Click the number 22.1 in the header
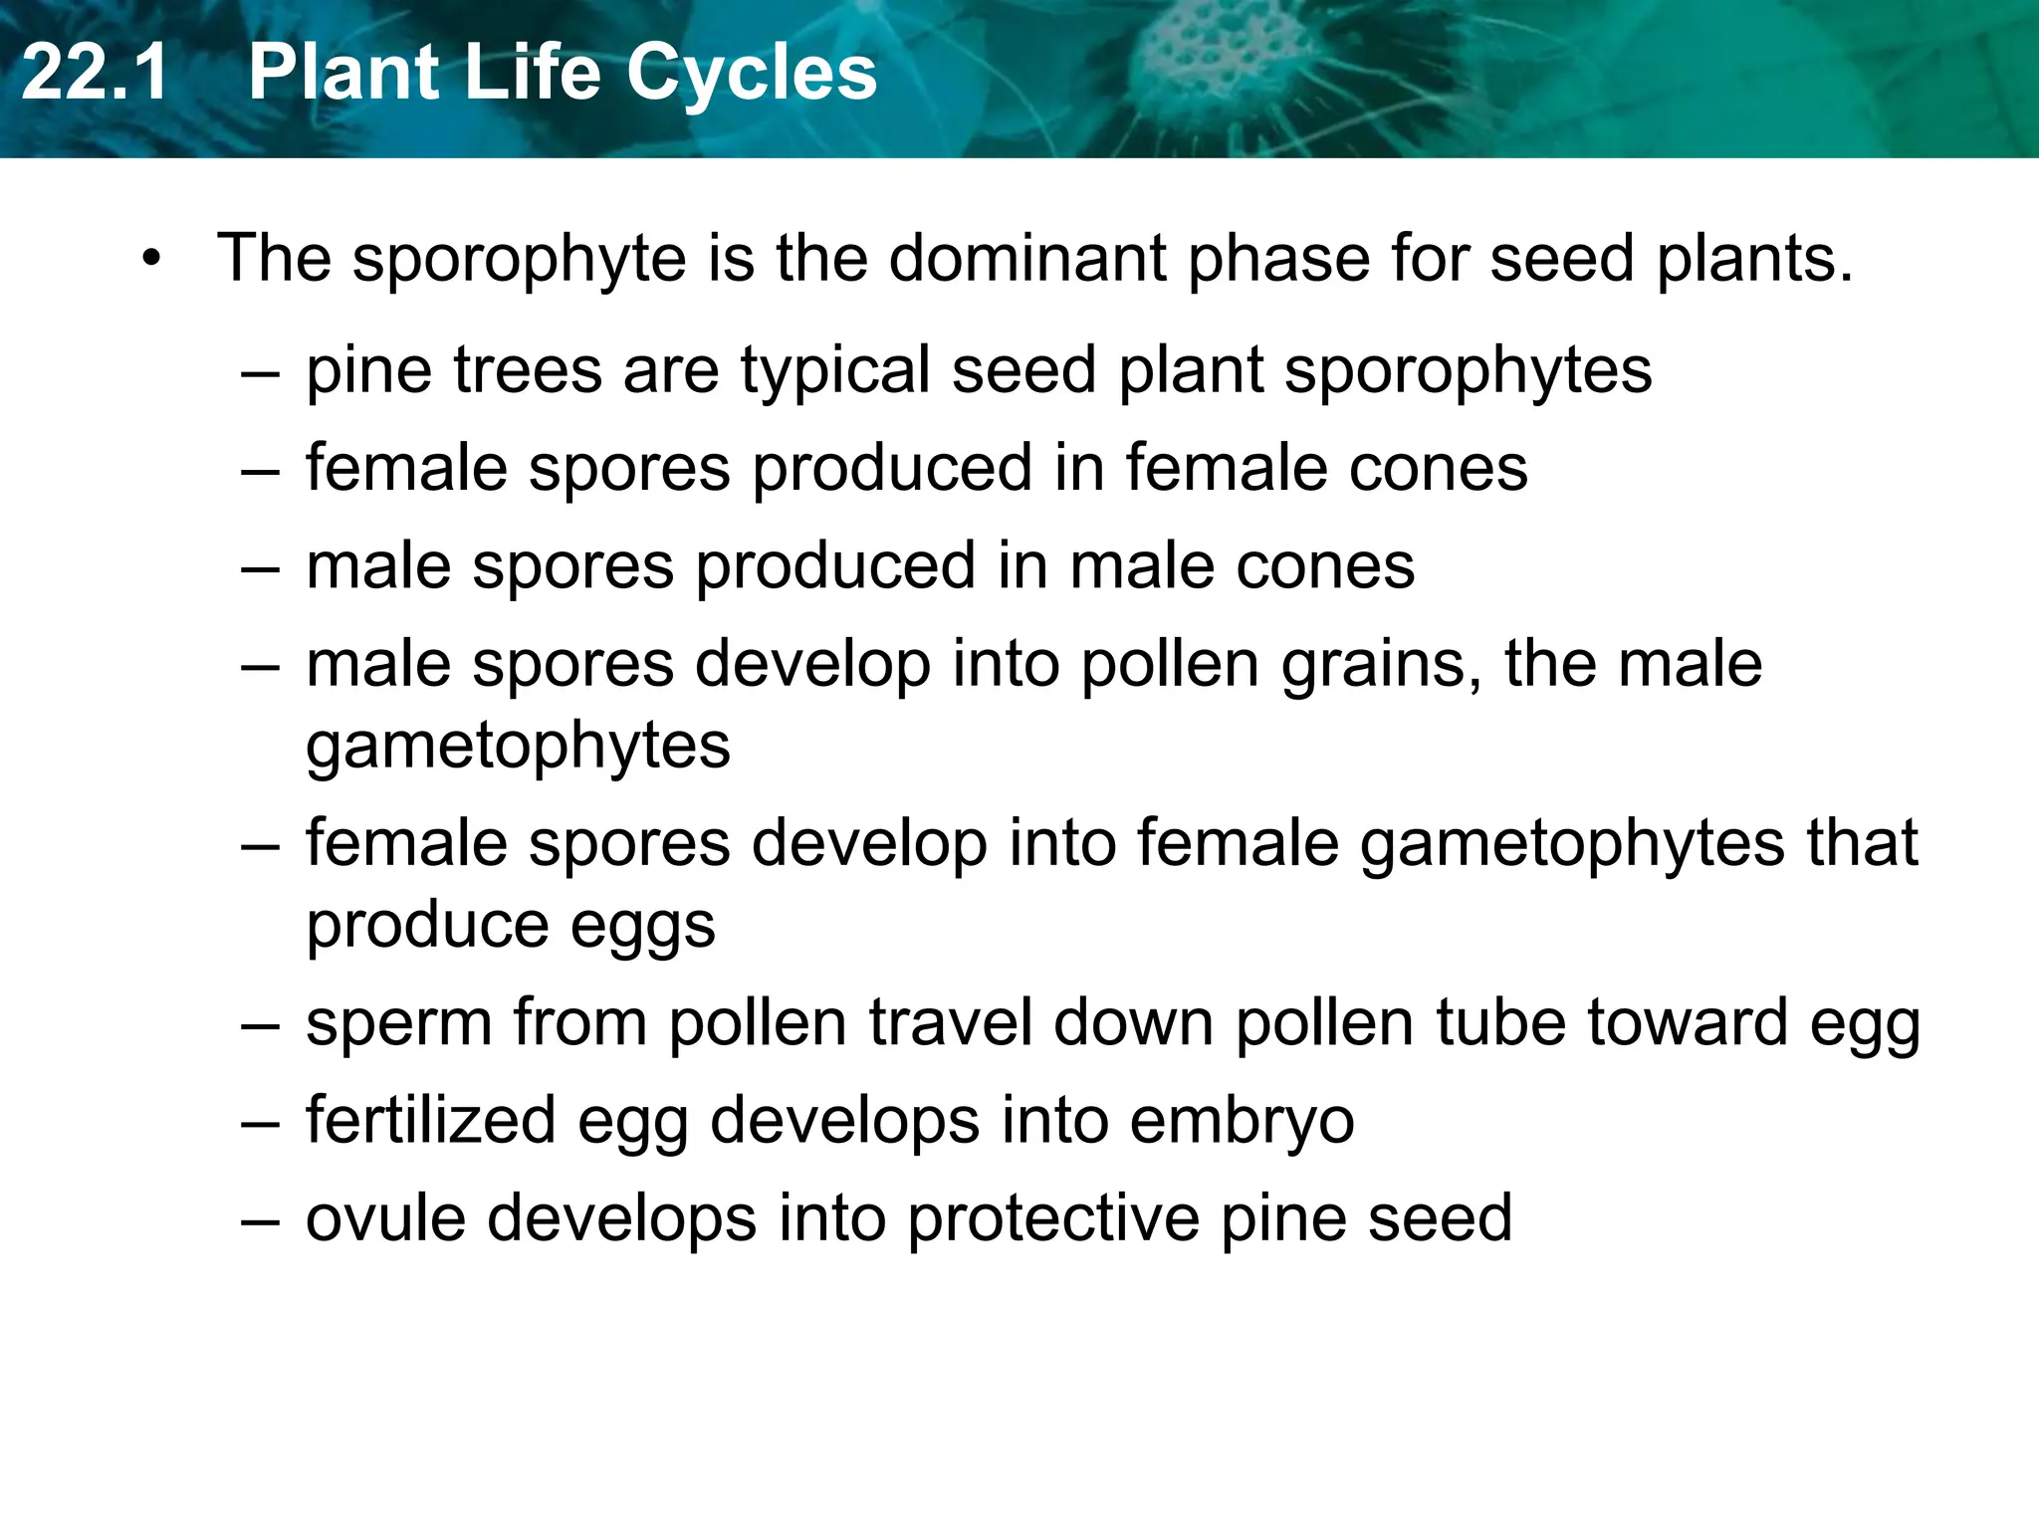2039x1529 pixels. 95,73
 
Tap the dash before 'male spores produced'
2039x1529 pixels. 260,567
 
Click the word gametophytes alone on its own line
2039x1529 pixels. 518,747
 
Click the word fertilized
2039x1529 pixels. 430,1120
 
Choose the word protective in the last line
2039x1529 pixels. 1053,1219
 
